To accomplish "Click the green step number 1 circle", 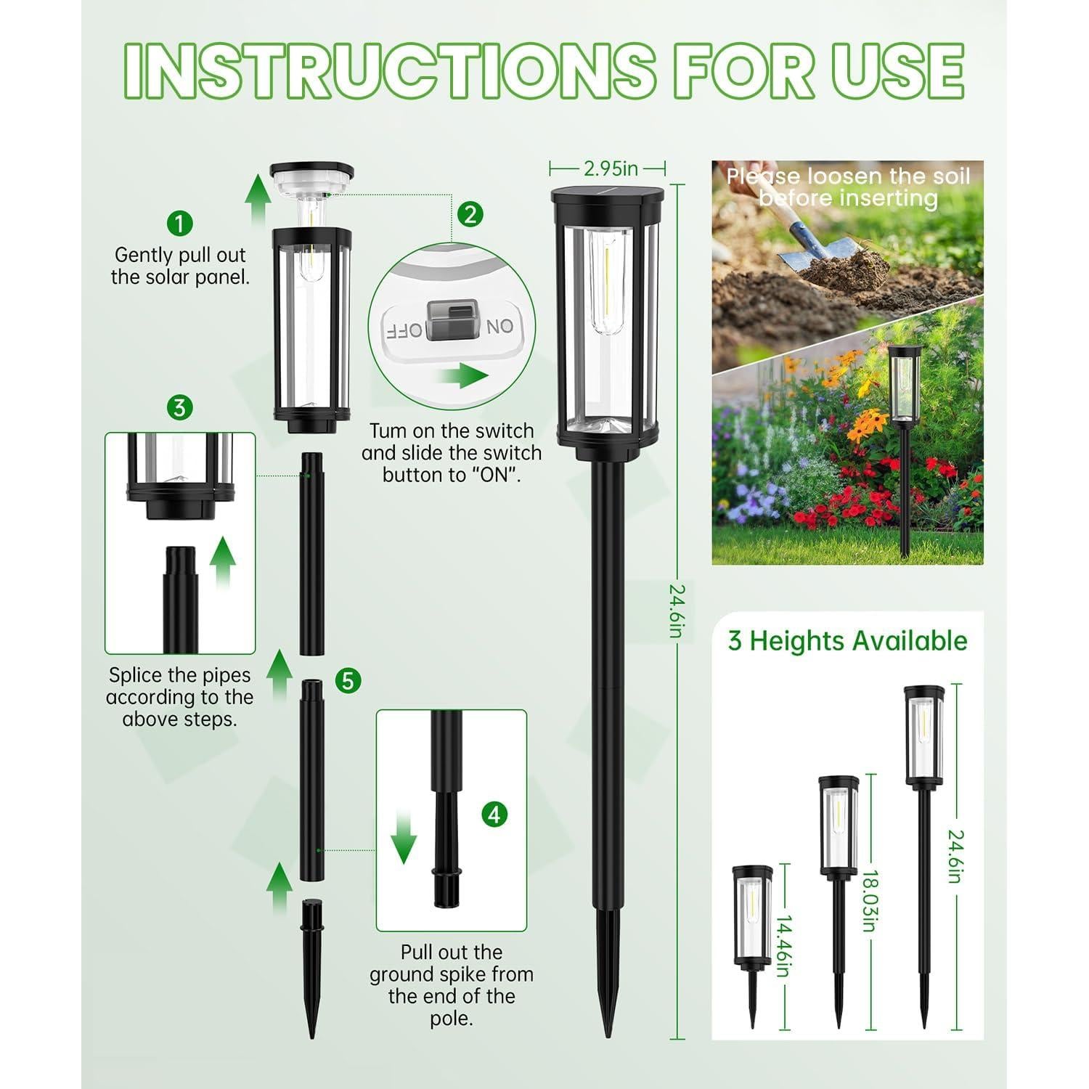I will coord(179,223).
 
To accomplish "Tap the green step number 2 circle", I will coord(470,214).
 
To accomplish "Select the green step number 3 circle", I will coord(179,407).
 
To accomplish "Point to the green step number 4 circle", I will coord(494,815).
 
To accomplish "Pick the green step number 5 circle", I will coord(348,681).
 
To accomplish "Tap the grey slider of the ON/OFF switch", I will coord(450,321).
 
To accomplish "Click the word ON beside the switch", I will coord(499,327).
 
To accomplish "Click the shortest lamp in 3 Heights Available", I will coord(752,937).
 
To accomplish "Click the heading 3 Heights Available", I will coord(847,641).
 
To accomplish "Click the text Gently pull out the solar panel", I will coord(180,266).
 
